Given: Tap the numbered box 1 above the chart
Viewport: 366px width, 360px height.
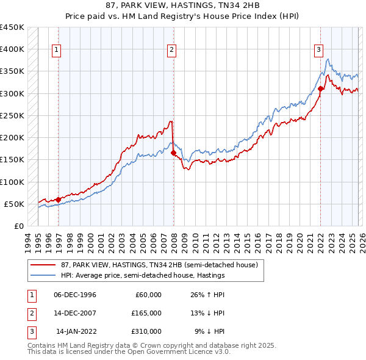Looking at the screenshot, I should point(57,50).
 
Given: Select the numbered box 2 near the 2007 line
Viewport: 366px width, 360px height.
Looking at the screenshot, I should point(171,50).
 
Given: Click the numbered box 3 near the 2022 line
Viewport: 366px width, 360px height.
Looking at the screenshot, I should point(318,50).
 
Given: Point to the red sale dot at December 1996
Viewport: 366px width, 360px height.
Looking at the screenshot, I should point(58,200).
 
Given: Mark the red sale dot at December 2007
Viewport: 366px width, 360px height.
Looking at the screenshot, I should point(173,153).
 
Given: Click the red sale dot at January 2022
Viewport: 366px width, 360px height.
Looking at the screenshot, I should point(321,88).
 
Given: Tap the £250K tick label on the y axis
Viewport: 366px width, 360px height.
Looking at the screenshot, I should point(12,115).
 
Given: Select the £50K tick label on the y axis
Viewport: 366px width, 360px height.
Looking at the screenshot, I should point(15,204).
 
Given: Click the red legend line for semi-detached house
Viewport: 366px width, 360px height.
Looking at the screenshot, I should point(43,265).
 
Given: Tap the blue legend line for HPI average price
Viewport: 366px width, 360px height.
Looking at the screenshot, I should point(43,275).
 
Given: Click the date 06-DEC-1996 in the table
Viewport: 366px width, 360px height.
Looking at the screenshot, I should point(75,295).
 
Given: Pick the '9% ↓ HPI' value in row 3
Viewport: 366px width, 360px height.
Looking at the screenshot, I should point(210,331).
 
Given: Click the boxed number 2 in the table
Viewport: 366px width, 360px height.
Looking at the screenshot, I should point(30,313).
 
